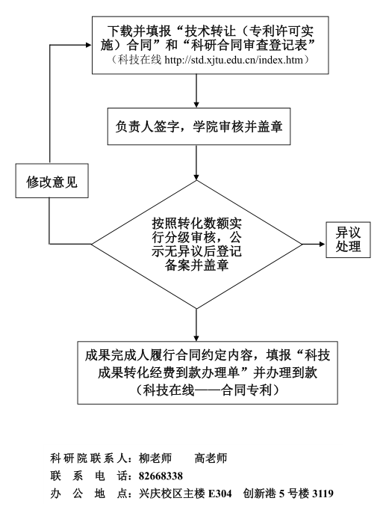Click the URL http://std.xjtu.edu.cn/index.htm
coord(234,60)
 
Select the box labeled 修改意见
coord(52,181)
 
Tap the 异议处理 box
coord(348,239)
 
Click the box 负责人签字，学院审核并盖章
coord(199,126)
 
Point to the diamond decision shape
coord(196,245)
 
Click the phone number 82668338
coord(161,476)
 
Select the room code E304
coord(220,494)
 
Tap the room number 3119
coord(323,494)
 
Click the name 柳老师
coord(155,458)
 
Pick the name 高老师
coord(211,458)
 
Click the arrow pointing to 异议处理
coord(314,244)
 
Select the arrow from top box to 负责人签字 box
coord(196,91)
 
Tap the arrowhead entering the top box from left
coord(88,46)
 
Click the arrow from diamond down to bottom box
coord(196,325)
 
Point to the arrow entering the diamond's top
coord(196,162)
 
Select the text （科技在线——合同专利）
coord(208,390)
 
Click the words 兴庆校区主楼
coord(172,494)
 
